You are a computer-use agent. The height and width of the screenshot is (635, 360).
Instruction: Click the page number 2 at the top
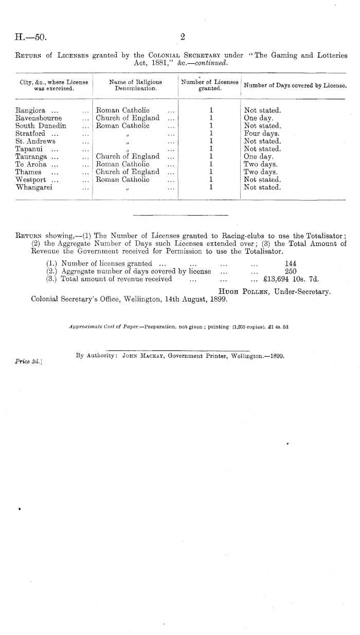(x=183, y=37)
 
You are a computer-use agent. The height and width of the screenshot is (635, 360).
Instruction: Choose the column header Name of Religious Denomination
(x=136, y=84)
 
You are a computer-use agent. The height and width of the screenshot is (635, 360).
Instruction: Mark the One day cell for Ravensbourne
(x=258, y=118)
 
